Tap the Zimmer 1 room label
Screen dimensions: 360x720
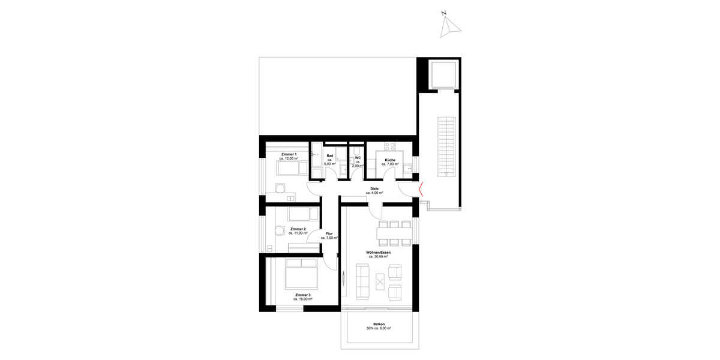pyautogui.click(x=289, y=154)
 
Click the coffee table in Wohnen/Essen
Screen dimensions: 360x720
pyautogui.click(x=380, y=281)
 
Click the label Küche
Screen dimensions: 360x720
pyautogui.click(x=389, y=160)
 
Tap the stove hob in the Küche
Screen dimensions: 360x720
pyautogui.click(x=389, y=145)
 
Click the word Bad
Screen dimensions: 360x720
pyautogui.click(x=330, y=155)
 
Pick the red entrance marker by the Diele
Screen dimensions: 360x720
pyautogui.click(x=422, y=190)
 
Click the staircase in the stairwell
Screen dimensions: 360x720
pyautogui.click(x=445, y=147)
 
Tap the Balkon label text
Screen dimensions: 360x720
pyautogui.click(x=379, y=324)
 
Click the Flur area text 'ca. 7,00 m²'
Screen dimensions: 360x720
pyautogui.click(x=329, y=238)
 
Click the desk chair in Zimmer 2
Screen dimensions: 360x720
pyautogui.click(x=280, y=230)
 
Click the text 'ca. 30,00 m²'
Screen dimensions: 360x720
pyautogui.click(x=379, y=256)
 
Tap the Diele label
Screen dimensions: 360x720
pyautogui.click(x=374, y=188)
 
